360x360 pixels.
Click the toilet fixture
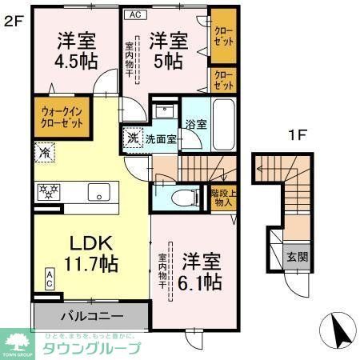point(181,196)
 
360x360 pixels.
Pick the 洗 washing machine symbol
point(133,138)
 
